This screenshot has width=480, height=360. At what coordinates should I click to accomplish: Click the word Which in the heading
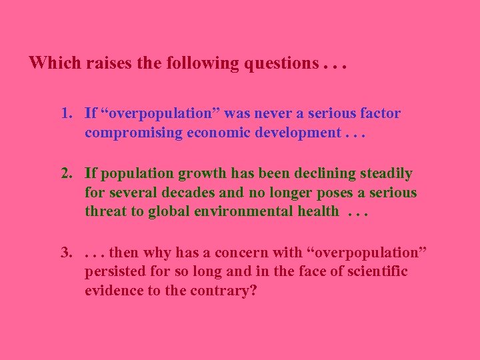[53, 63]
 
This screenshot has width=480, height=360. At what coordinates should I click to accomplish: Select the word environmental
[231, 211]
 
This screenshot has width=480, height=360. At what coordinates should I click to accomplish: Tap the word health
[317, 211]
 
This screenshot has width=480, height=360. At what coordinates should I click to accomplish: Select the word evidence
[113, 290]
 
